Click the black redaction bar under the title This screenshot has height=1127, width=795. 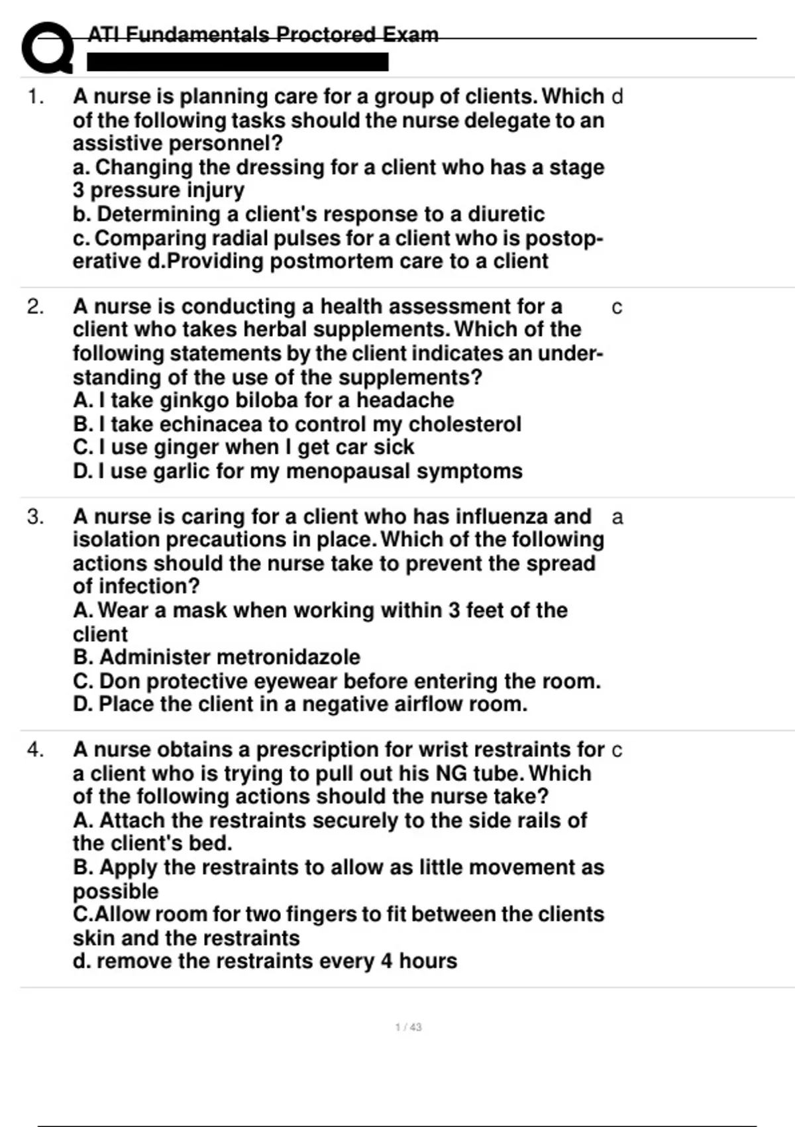click(x=238, y=62)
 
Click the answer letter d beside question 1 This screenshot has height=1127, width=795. click(x=617, y=97)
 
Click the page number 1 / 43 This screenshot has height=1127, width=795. click(x=408, y=1027)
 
